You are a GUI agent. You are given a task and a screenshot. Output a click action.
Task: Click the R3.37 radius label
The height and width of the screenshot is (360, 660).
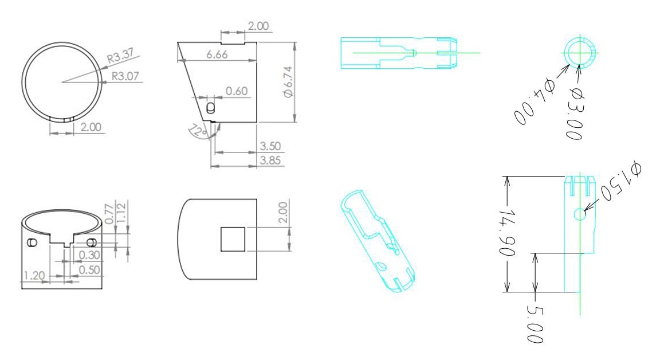120,56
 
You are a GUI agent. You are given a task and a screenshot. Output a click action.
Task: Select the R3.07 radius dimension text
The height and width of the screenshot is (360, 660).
125,76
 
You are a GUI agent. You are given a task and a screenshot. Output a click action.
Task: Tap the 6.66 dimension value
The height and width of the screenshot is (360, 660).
217,54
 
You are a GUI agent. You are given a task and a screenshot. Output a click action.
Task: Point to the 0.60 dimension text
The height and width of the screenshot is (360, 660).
237,91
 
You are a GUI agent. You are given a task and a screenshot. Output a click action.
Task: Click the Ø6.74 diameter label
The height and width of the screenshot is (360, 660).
288,82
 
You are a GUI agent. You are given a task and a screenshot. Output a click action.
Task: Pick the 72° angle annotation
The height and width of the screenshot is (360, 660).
198,131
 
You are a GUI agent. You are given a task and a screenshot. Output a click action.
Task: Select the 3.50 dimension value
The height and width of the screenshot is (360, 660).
270,146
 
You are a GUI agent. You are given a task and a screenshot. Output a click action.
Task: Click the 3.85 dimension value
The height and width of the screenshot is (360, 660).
270,161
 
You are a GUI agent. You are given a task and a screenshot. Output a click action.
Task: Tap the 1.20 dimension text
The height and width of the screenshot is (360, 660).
34,276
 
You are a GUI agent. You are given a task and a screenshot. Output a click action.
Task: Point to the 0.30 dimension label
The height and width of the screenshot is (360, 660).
89,255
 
